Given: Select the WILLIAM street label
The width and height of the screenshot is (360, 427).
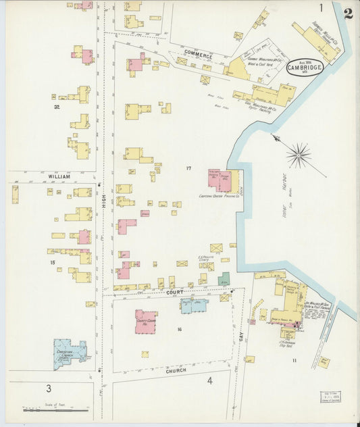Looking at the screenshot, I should tap(59, 176).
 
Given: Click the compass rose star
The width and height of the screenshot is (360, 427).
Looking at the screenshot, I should tap(298, 155).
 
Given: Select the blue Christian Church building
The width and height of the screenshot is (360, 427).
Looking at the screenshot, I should tap(70, 353).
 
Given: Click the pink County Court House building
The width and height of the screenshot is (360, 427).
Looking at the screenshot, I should tap(145, 322).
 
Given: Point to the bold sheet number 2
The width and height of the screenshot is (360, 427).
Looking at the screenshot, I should tap(348, 13).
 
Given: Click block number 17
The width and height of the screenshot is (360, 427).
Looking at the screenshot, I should tap(190, 167).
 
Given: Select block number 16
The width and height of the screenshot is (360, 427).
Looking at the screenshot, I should tap(180, 329).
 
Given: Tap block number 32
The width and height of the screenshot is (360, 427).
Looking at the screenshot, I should tap(57, 107).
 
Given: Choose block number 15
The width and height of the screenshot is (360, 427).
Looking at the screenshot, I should tap(51, 262).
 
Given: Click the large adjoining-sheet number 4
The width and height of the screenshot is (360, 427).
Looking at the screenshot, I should tap(209, 381).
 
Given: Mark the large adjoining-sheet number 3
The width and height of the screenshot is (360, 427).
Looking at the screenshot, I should tap(48, 388).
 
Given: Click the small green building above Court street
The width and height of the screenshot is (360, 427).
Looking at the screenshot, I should tap(224, 278).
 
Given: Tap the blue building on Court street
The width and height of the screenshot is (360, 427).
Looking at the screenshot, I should tap(194, 305).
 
